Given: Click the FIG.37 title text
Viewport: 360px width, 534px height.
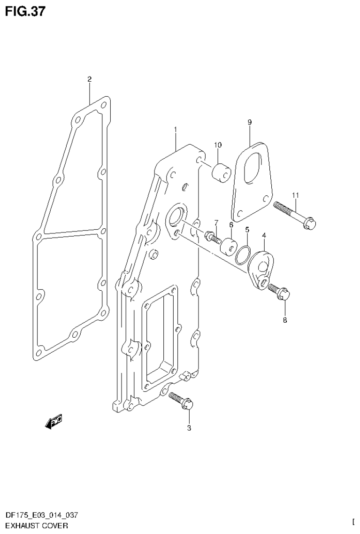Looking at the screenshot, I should click(25, 12).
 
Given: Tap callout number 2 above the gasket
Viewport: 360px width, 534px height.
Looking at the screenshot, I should click(89, 79).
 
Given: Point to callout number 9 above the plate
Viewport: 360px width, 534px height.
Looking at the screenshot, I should click(250, 123).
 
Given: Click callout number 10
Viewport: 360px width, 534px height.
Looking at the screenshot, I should click(218, 145).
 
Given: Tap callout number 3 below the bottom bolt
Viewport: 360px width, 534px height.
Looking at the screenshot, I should click(189, 428).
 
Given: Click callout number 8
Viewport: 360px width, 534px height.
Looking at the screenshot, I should click(285, 321).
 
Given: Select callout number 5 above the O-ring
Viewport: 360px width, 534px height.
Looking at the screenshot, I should click(247, 230).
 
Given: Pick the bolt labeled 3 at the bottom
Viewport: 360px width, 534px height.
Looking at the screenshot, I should click(182, 401).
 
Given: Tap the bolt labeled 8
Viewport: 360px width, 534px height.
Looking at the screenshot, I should click(280, 292).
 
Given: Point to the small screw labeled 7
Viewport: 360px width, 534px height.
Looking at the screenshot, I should click(213, 236).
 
